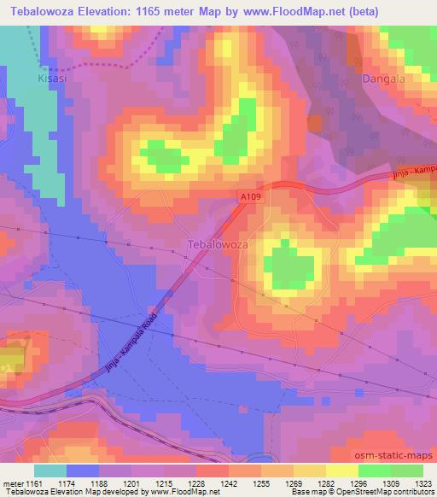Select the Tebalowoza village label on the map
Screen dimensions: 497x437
[x=217, y=244]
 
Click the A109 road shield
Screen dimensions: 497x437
[x=250, y=197]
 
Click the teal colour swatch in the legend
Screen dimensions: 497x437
[x=50, y=471]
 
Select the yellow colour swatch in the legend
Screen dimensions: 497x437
[x=342, y=471]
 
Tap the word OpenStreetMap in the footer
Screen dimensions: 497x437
[x=358, y=493]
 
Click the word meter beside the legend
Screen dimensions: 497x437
[x=10, y=484]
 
